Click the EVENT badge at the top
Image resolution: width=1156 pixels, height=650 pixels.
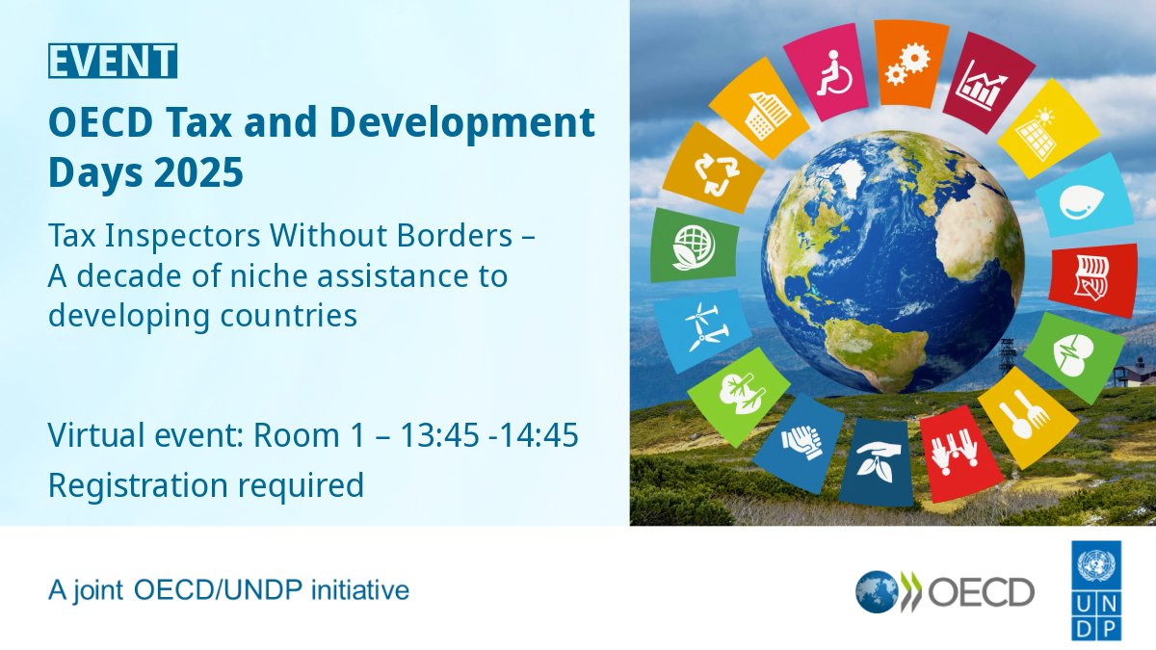pos(113,62)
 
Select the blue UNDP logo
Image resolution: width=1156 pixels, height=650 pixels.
pos(1097,590)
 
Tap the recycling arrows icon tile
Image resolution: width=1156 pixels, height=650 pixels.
pos(714,170)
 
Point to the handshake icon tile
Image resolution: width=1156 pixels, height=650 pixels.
pos(798,441)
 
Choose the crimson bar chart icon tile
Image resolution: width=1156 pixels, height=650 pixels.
pos(980,84)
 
